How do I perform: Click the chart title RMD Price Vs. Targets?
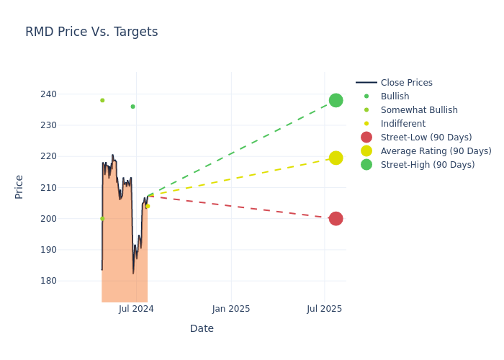[x=91, y=32]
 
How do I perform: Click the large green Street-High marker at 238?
[x=336, y=100]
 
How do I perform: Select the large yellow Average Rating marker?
[x=336, y=158]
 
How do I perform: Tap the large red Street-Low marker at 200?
[x=336, y=218]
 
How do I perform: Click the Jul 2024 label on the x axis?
[x=136, y=309]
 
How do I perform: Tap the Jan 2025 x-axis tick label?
[x=231, y=309]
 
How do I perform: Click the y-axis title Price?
[x=19, y=186]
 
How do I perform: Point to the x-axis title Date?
[x=202, y=329]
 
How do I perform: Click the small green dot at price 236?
[x=132, y=107]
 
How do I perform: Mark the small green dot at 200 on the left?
[x=102, y=218]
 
